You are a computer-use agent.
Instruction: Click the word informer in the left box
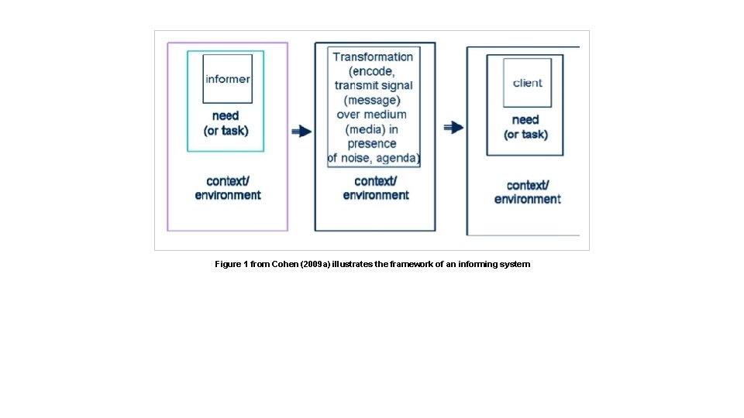pos(227,79)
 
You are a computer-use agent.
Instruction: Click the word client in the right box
pos(528,83)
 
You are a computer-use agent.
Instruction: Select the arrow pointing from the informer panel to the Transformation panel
pos(301,132)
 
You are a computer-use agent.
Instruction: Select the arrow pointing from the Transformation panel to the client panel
pos(453,128)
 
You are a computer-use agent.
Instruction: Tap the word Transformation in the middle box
pos(374,57)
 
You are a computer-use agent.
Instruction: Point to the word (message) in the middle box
pos(373,100)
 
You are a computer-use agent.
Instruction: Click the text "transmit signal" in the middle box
pos(374,85)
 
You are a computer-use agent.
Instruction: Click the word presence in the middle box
pos(372,144)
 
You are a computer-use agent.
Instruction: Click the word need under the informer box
pos(226,116)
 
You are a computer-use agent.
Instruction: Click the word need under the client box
pos(525,120)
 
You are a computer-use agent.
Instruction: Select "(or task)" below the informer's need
pos(226,131)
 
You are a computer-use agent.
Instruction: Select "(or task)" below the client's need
pos(525,135)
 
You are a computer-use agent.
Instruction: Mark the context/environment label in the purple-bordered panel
pos(228,188)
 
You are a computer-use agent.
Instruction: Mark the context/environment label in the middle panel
pos(376,188)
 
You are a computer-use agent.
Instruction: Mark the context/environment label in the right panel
pos(528,192)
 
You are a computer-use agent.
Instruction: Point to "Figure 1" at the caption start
pos(232,265)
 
